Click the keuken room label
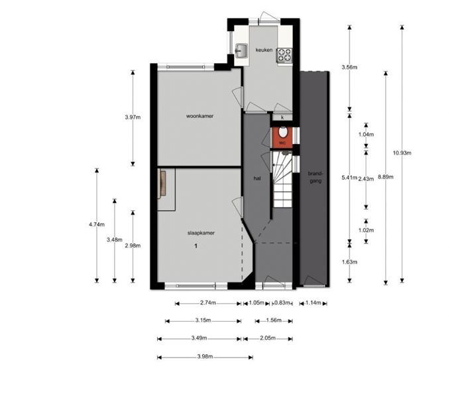coord(264,50)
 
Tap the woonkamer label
coord(199,116)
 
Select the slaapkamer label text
coord(201,233)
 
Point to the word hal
coord(257,178)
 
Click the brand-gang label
coord(315,177)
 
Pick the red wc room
coord(282,137)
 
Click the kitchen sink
coord(241,51)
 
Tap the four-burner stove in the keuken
coord(284,55)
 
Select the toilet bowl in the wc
coord(283,132)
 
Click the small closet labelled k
coord(282,117)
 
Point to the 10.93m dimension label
coord(402,153)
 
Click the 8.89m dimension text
coord(386,177)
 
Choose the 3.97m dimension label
coord(133,117)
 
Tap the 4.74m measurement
coord(97,225)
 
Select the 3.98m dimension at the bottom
coord(205,357)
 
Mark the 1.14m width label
coord(313,302)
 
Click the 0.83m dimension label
coord(282,302)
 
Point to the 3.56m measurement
coord(349,67)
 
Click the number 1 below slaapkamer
coord(196,246)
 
